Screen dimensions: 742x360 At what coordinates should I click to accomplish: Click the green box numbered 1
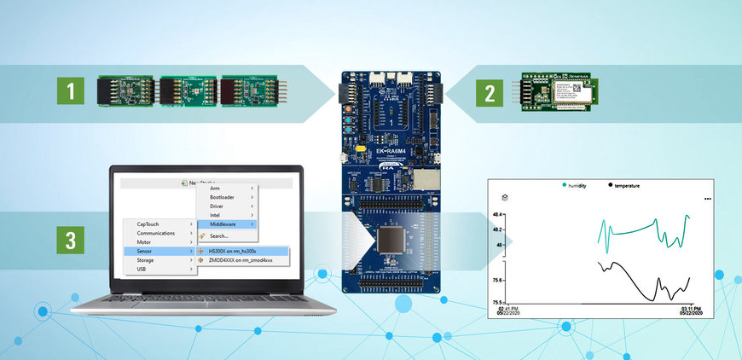[72, 90]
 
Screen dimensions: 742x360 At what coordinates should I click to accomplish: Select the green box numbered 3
[72, 238]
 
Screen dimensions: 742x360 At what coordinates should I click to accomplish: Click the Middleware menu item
[223, 224]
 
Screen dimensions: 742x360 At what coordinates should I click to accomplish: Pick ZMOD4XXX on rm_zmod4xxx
[240, 260]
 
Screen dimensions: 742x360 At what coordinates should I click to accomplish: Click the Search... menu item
[218, 235]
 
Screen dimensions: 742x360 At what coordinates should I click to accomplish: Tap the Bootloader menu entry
[222, 197]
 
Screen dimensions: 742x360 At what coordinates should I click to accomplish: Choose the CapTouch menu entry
[148, 224]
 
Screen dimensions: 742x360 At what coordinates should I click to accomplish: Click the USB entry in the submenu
[142, 270]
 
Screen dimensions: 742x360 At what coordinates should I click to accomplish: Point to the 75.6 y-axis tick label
[498, 280]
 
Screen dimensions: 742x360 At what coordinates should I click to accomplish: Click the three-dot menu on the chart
[707, 198]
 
